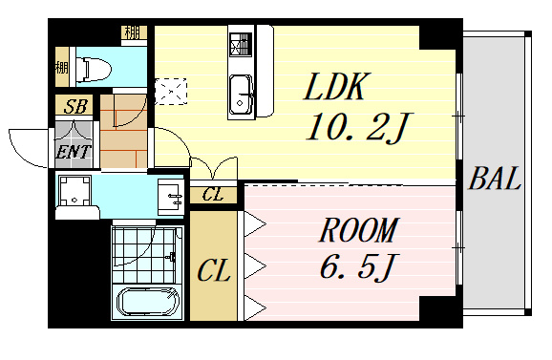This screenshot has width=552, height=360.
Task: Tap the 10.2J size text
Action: (358, 127)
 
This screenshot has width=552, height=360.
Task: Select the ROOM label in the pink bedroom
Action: (358, 230)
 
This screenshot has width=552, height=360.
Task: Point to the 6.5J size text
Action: (357, 266)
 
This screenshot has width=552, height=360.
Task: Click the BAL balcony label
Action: (495, 179)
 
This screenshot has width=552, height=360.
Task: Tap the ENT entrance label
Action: (74, 152)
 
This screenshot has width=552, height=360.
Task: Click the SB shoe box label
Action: (75, 106)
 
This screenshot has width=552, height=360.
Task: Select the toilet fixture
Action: (94, 70)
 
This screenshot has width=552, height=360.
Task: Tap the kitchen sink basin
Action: (241, 96)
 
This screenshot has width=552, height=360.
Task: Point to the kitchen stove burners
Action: (241, 45)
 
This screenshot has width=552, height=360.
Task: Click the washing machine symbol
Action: (74, 191)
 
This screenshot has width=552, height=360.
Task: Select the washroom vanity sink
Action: (171, 197)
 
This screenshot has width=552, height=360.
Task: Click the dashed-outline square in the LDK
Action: (171, 92)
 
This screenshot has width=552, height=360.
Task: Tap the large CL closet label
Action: (214, 270)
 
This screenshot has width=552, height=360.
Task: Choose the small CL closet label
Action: (213, 194)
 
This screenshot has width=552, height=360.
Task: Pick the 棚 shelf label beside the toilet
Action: (62, 67)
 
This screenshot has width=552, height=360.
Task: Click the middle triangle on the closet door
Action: (255, 265)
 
